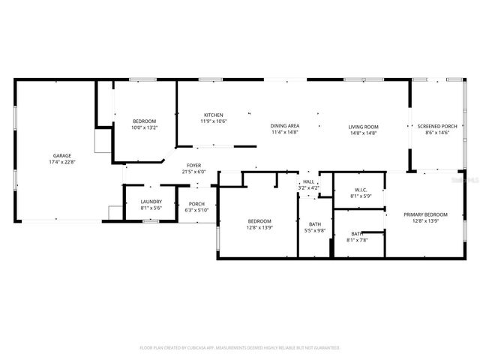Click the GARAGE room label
(x=61, y=155)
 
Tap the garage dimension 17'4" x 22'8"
(x=61, y=161)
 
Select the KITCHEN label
(x=214, y=115)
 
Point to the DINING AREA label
(x=285, y=126)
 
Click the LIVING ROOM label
(x=363, y=127)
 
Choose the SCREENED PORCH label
(x=437, y=127)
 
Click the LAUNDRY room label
(x=151, y=202)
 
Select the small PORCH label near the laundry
(x=196, y=203)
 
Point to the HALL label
(x=308, y=181)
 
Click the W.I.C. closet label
(x=359, y=190)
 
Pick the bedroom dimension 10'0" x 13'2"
(x=144, y=127)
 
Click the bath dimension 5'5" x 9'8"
(x=315, y=230)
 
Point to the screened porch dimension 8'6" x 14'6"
(x=437, y=133)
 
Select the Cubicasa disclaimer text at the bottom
(x=240, y=348)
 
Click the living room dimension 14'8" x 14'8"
(x=363, y=133)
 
